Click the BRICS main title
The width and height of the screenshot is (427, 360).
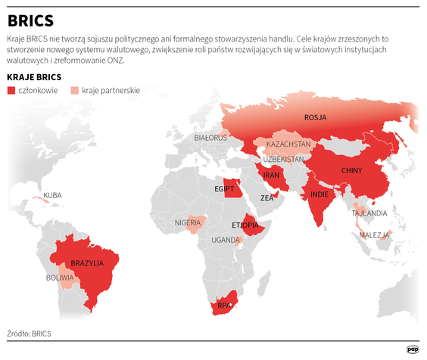click(x=31, y=20)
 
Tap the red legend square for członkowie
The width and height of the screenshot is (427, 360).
click(x=11, y=91)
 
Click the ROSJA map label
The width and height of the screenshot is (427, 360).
click(x=316, y=117)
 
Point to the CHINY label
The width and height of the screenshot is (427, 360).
click(x=353, y=170)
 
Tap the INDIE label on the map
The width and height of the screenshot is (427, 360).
click(x=319, y=194)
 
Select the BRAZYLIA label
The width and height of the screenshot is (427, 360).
click(x=87, y=263)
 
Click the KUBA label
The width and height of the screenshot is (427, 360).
click(x=52, y=195)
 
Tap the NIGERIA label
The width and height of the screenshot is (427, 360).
click(x=188, y=222)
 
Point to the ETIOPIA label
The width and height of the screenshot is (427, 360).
click(x=246, y=225)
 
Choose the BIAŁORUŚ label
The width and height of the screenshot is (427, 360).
click(x=210, y=138)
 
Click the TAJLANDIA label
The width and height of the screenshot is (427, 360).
click(x=369, y=213)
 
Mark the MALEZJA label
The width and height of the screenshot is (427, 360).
click(x=374, y=235)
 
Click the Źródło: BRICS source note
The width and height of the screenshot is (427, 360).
click(x=30, y=333)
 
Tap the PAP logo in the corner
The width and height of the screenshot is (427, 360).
click(x=413, y=349)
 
